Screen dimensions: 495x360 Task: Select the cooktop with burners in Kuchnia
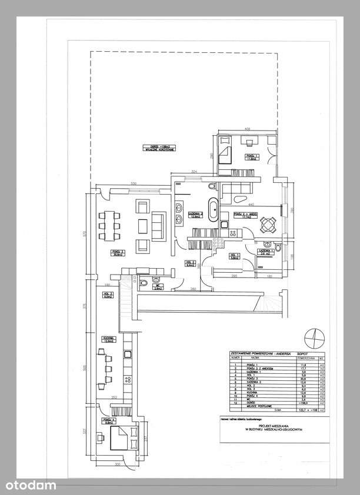(126, 356)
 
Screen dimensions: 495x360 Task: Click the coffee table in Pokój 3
(142, 225)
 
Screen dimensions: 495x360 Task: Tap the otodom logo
(29, 484)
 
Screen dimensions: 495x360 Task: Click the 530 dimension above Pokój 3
(134, 184)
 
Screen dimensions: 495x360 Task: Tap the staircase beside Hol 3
(127, 300)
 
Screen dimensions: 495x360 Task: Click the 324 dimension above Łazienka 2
(194, 171)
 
